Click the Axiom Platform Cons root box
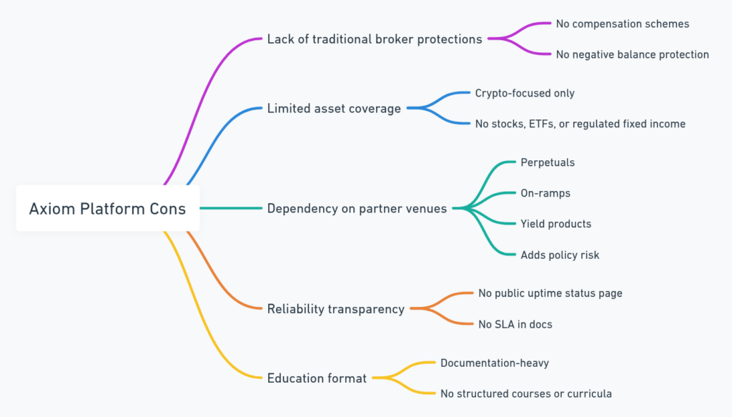(x=107, y=209)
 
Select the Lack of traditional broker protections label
(x=375, y=39)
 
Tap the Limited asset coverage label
(x=334, y=109)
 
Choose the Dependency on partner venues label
(x=357, y=209)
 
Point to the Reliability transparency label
(x=336, y=309)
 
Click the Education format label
(x=317, y=378)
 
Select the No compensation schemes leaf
(x=623, y=24)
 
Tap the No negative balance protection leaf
(x=633, y=54)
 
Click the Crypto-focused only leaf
(x=525, y=93)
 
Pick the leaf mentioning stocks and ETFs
(x=580, y=124)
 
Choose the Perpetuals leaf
(x=548, y=162)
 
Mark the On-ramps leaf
(x=545, y=193)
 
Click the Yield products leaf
(x=556, y=224)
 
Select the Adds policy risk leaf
(x=560, y=255)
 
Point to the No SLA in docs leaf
(x=515, y=324)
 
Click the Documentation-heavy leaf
(x=495, y=363)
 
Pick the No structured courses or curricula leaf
(x=526, y=393)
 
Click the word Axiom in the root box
(x=49, y=209)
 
